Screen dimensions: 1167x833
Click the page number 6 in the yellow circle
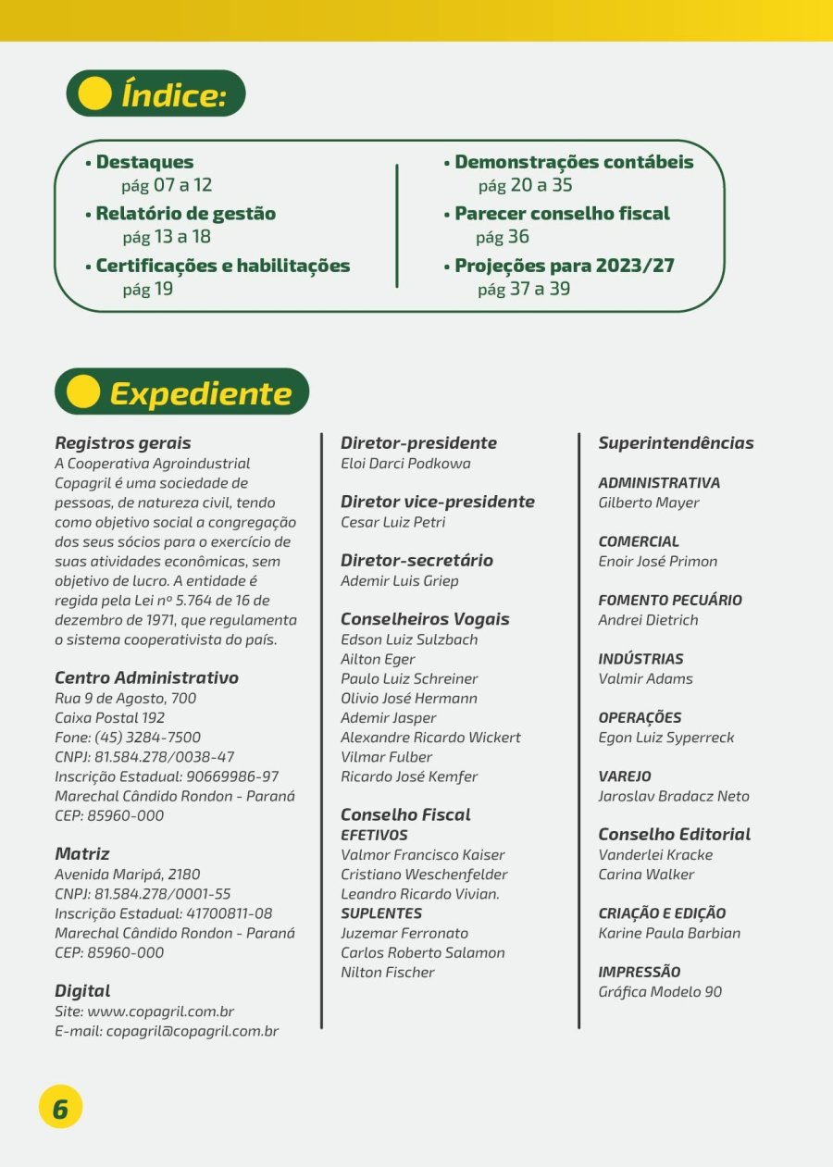(x=60, y=1108)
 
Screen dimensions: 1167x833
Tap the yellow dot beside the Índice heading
(x=95, y=93)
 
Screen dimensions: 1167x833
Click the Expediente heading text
(x=201, y=393)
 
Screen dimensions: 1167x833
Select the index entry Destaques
(x=144, y=162)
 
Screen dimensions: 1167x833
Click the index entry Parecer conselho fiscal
(x=562, y=214)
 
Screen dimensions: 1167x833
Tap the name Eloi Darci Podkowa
(x=405, y=464)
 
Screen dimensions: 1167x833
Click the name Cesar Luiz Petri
(x=393, y=522)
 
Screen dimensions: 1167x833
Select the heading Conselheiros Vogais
(x=425, y=619)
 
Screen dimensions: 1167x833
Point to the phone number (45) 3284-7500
(x=147, y=738)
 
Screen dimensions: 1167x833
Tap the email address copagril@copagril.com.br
(x=192, y=1031)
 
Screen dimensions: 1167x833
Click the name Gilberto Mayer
(x=649, y=503)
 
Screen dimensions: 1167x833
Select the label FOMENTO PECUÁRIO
(x=670, y=601)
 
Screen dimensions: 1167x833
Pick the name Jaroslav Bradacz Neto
(x=674, y=796)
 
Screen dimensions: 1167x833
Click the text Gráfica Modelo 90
(x=660, y=992)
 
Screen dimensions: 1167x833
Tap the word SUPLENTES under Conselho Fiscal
(x=381, y=913)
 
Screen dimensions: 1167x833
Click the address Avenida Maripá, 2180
(x=128, y=875)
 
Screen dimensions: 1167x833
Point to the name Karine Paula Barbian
(x=669, y=933)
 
